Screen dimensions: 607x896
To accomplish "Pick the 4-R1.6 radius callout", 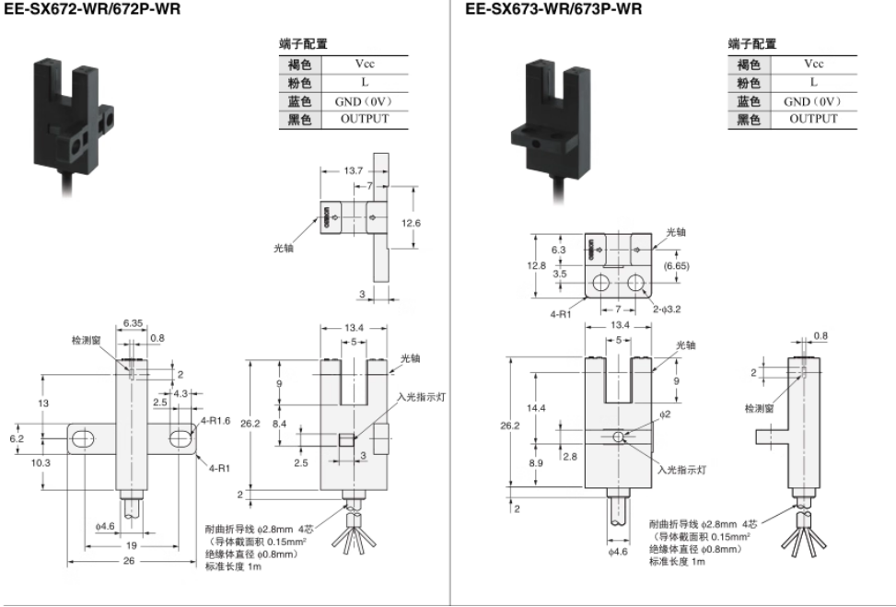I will click(216, 421).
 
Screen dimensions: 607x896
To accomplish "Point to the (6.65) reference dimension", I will click(677, 266).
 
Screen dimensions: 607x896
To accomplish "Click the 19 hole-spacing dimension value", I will click(131, 545).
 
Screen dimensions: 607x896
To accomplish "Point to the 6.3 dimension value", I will click(558, 250).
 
